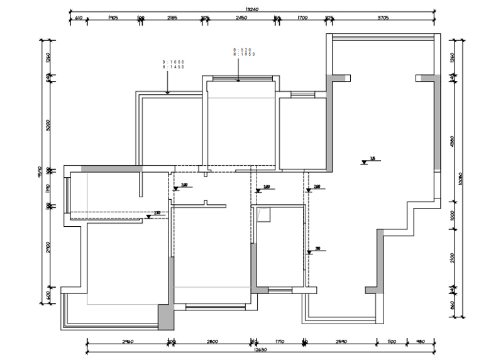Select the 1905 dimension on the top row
click(x=113, y=18)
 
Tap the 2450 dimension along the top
click(x=241, y=18)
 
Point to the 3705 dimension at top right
click(x=383, y=18)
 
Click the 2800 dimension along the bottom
click(x=211, y=341)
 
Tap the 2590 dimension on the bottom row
click(x=341, y=341)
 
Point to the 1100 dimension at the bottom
click(x=392, y=341)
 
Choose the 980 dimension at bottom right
click(x=420, y=341)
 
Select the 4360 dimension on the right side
click(x=451, y=141)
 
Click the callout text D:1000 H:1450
click(x=174, y=64)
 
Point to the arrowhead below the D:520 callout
click(x=238, y=80)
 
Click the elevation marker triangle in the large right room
click(x=364, y=162)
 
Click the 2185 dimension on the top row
click(x=172, y=18)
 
